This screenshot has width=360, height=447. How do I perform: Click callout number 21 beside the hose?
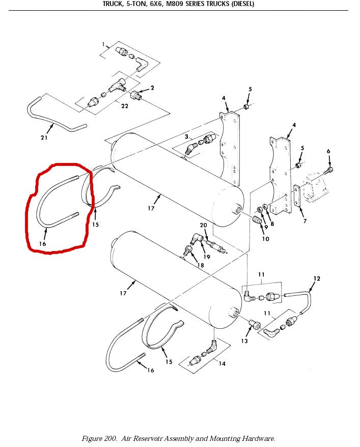[x=44, y=137]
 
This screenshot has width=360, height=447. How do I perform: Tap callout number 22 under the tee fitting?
[x=125, y=106]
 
